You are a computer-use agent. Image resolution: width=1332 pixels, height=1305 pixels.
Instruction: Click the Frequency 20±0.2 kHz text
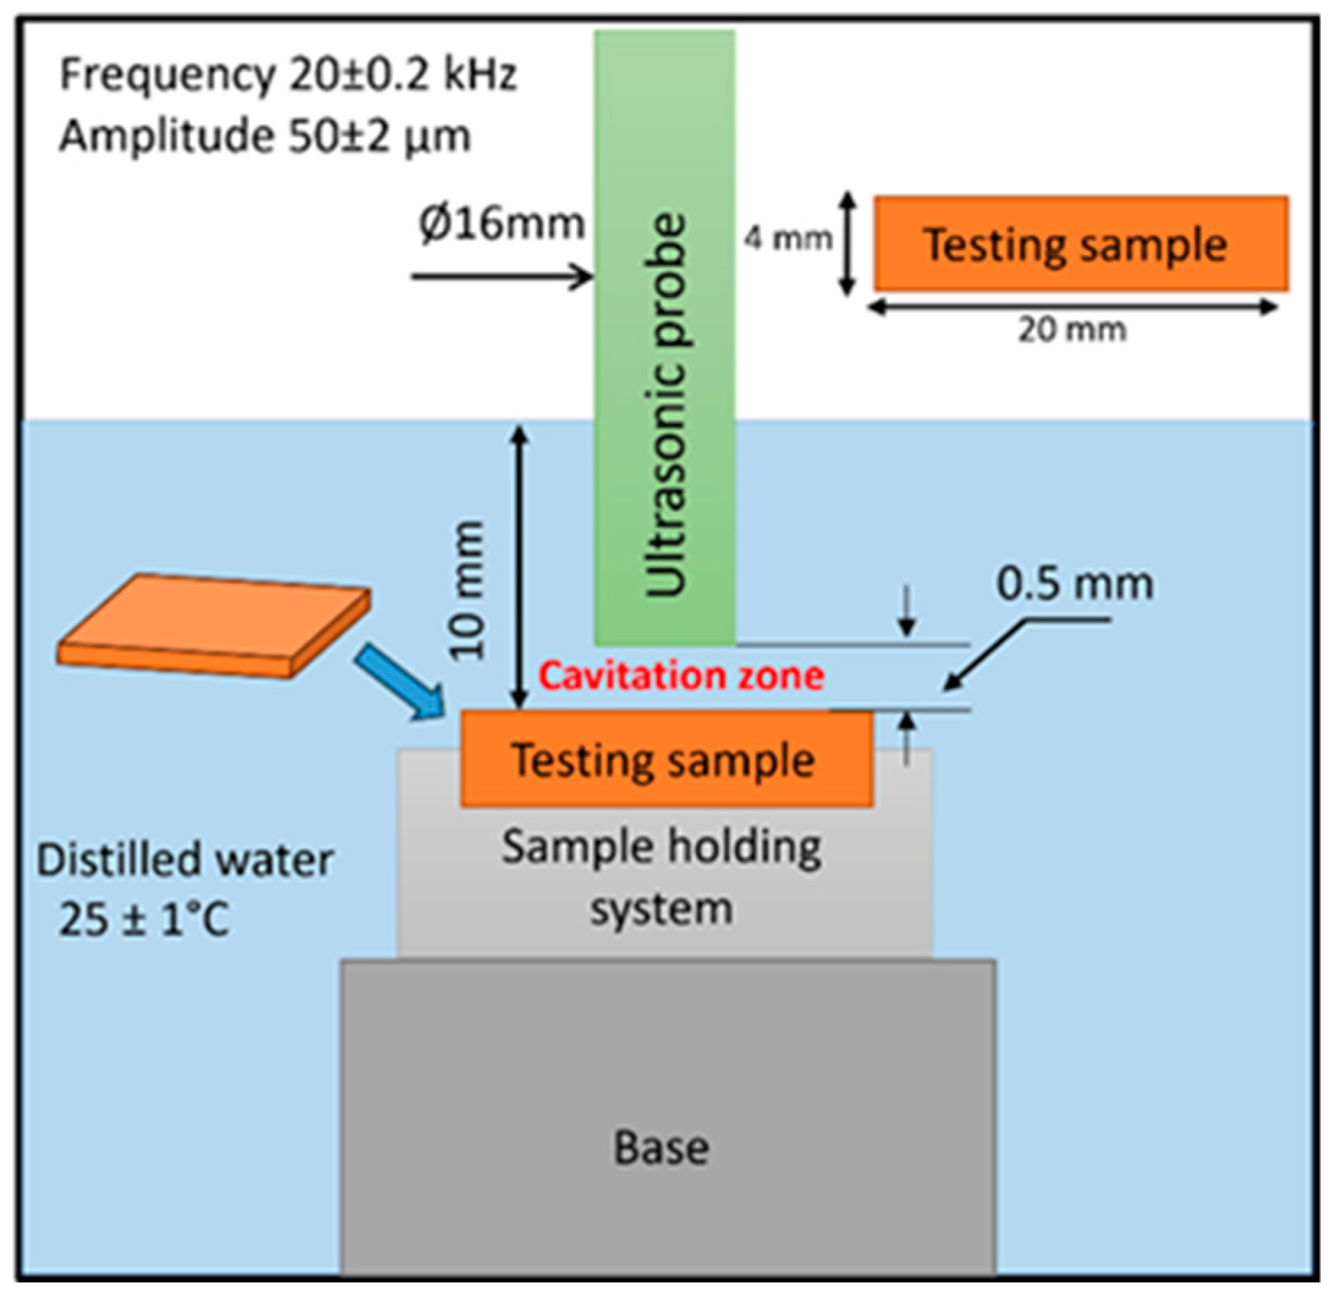[x=288, y=74]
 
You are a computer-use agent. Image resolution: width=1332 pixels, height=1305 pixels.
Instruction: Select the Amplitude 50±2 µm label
[x=265, y=136]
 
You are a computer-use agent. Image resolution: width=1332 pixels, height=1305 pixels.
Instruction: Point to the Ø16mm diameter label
[x=501, y=224]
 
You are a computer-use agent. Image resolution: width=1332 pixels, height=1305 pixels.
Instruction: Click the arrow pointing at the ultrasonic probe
[x=501, y=276]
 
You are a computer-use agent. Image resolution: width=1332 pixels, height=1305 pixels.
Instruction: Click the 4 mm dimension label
[x=788, y=238]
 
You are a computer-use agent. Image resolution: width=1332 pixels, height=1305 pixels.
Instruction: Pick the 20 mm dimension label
[x=1072, y=330]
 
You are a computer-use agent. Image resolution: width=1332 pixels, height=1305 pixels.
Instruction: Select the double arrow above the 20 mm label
[x=1072, y=307]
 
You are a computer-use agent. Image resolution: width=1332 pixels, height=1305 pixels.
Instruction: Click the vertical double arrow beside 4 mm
[x=849, y=244]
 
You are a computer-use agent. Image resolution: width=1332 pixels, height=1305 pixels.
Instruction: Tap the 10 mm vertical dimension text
[x=467, y=590]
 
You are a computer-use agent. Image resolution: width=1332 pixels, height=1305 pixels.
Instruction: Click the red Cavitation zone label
[x=681, y=676]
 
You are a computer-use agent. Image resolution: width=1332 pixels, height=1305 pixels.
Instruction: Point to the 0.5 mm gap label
[x=1075, y=584]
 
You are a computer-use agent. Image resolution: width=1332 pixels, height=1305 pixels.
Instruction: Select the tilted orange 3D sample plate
[x=213, y=624]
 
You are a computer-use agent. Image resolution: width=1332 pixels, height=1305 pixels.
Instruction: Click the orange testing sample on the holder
[x=666, y=759]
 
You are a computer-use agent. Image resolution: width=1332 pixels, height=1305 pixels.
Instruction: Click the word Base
[x=661, y=1148]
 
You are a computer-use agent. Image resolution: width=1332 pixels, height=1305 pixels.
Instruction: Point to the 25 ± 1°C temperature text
[x=144, y=920]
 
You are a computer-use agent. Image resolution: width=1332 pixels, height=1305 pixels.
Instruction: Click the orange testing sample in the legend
[x=1080, y=244]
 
